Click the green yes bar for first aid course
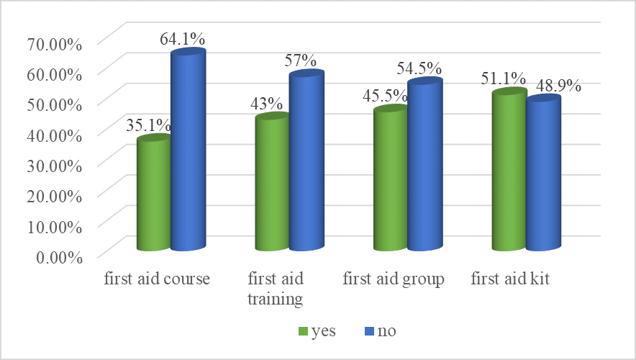[x=153, y=194]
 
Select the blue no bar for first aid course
[x=187, y=151]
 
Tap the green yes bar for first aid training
[x=272, y=184]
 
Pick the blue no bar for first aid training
[x=306, y=162]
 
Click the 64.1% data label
[x=181, y=39]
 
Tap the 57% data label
[x=301, y=60]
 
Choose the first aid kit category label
[x=510, y=279]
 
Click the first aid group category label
[x=394, y=279]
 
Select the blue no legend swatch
[x=367, y=332]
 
